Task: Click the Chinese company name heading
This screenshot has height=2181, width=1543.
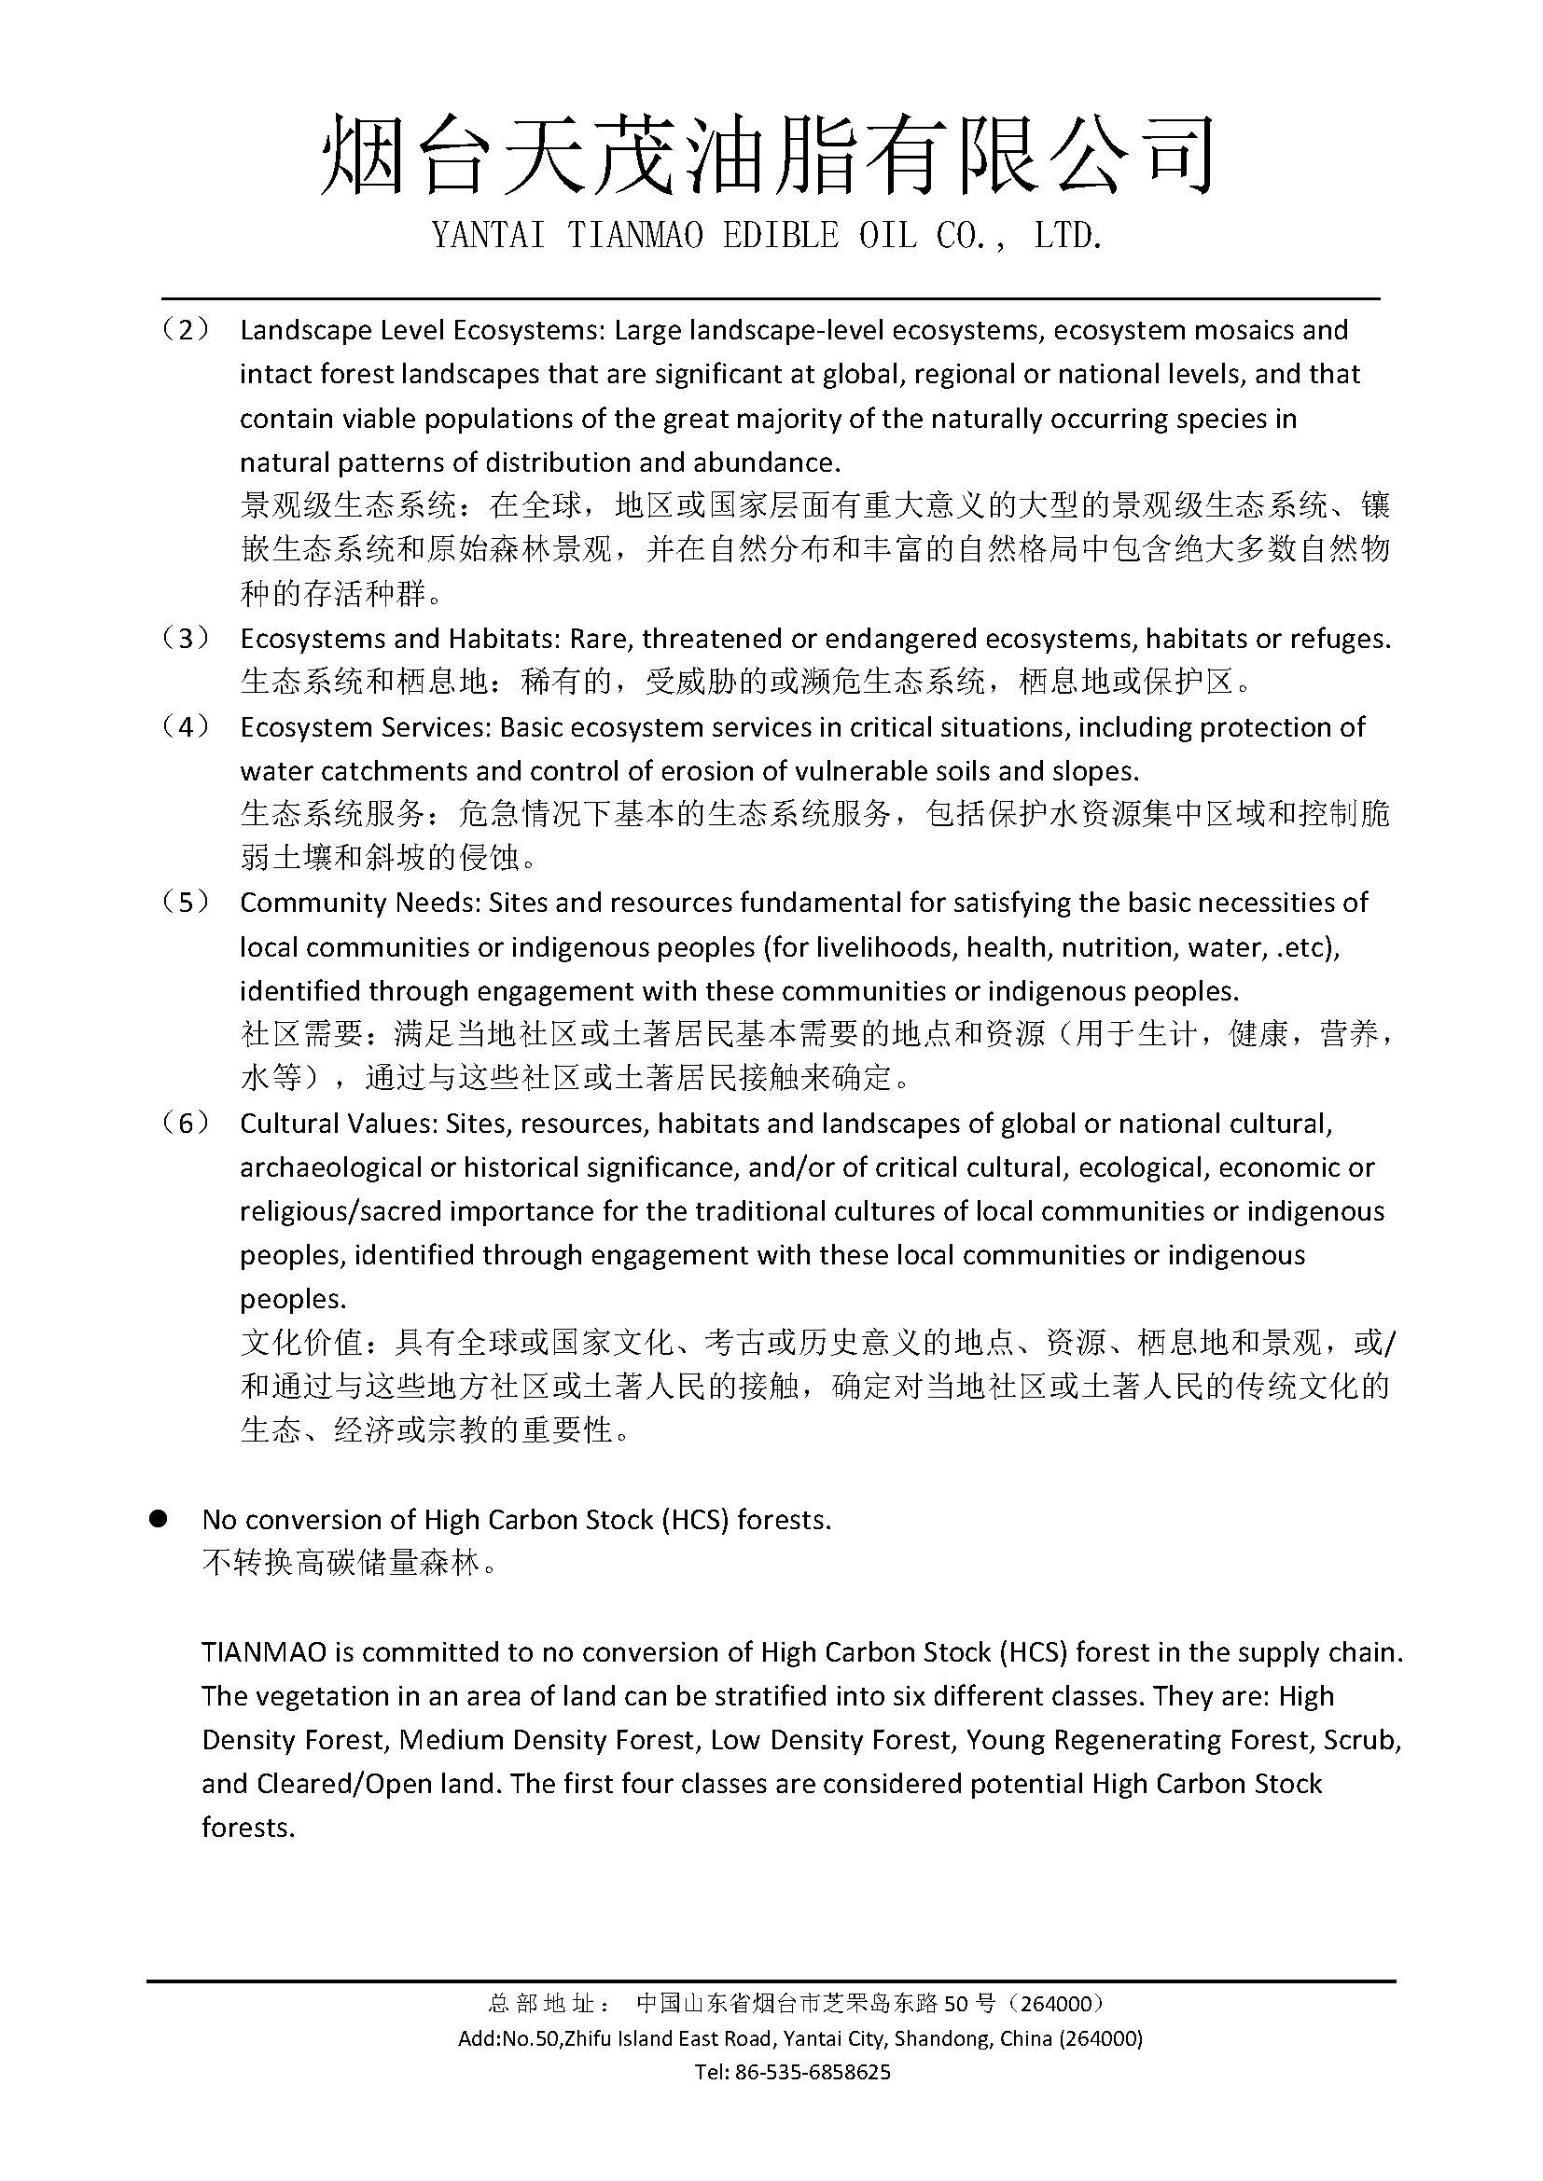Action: (768, 157)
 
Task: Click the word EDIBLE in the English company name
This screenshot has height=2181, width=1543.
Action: (780, 236)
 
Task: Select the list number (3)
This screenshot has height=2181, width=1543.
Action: (185, 639)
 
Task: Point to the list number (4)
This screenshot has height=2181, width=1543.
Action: (185, 726)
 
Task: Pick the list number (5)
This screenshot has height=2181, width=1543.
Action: (185, 903)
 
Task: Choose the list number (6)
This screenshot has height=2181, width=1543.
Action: (185, 1124)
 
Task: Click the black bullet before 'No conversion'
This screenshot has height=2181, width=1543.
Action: (158, 1520)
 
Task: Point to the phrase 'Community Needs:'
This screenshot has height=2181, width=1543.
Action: (360, 903)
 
